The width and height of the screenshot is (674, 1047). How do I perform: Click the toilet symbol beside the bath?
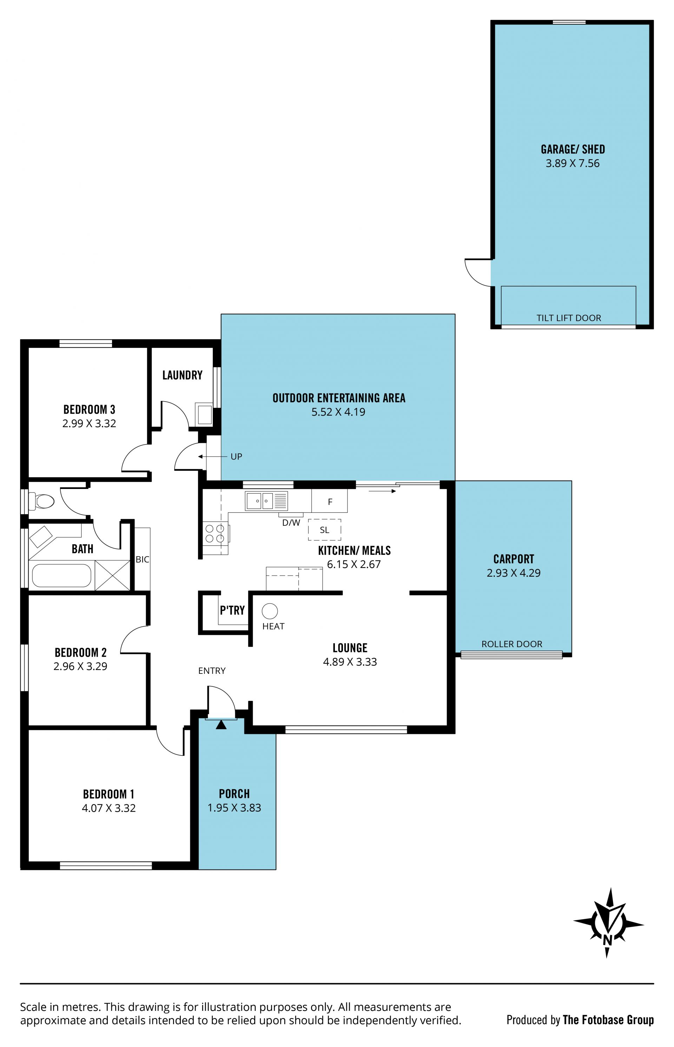pyautogui.click(x=41, y=501)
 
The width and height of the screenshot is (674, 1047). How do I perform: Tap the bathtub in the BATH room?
pyautogui.click(x=62, y=576)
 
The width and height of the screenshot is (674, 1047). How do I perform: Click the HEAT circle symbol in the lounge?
pyautogui.click(x=270, y=611)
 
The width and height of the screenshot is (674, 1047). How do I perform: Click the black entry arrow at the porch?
pyautogui.click(x=222, y=725)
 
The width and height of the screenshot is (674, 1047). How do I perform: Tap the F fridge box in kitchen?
pyautogui.click(x=330, y=501)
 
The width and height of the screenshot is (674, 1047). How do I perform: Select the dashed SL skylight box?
pyautogui.click(x=324, y=530)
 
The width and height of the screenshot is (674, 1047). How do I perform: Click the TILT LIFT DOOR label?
pyautogui.click(x=569, y=318)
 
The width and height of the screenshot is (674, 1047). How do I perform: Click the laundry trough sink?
pyautogui.click(x=204, y=414)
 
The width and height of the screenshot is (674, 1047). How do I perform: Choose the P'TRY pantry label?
pyautogui.click(x=232, y=610)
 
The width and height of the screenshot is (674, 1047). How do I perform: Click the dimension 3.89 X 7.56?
pyautogui.click(x=573, y=163)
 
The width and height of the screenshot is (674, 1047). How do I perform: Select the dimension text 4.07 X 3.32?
pyautogui.click(x=108, y=808)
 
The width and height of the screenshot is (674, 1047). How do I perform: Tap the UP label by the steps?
pyautogui.click(x=236, y=457)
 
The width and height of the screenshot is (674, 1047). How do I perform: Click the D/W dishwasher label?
pyautogui.click(x=291, y=522)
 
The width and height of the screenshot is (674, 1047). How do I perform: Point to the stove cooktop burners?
pyautogui.click(x=215, y=533)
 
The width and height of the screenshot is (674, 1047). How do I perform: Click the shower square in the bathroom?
pyautogui.click(x=112, y=575)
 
